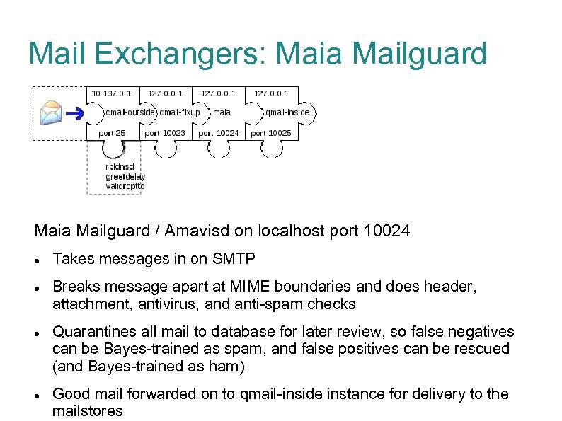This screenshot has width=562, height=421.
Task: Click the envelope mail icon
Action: tap(52, 113)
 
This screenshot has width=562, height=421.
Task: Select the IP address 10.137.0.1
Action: tap(111, 93)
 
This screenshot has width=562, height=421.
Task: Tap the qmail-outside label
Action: tap(130, 112)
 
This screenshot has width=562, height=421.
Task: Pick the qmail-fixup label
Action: tap(179, 112)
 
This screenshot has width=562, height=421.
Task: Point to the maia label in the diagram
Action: tap(222, 112)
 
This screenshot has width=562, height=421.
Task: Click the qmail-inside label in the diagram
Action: tap(287, 112)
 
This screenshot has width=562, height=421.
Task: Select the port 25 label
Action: tap(112, 133)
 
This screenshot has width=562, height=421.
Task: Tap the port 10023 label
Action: tap(165, 133)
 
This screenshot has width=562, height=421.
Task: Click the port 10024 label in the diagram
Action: tap(218, 133)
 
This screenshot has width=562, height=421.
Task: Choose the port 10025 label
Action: tap(271, 133)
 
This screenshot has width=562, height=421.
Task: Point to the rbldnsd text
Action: tap(120, 168)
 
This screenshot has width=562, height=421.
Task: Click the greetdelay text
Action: tap(125, 177)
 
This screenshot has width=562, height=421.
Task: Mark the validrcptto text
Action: tap(125, 186)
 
